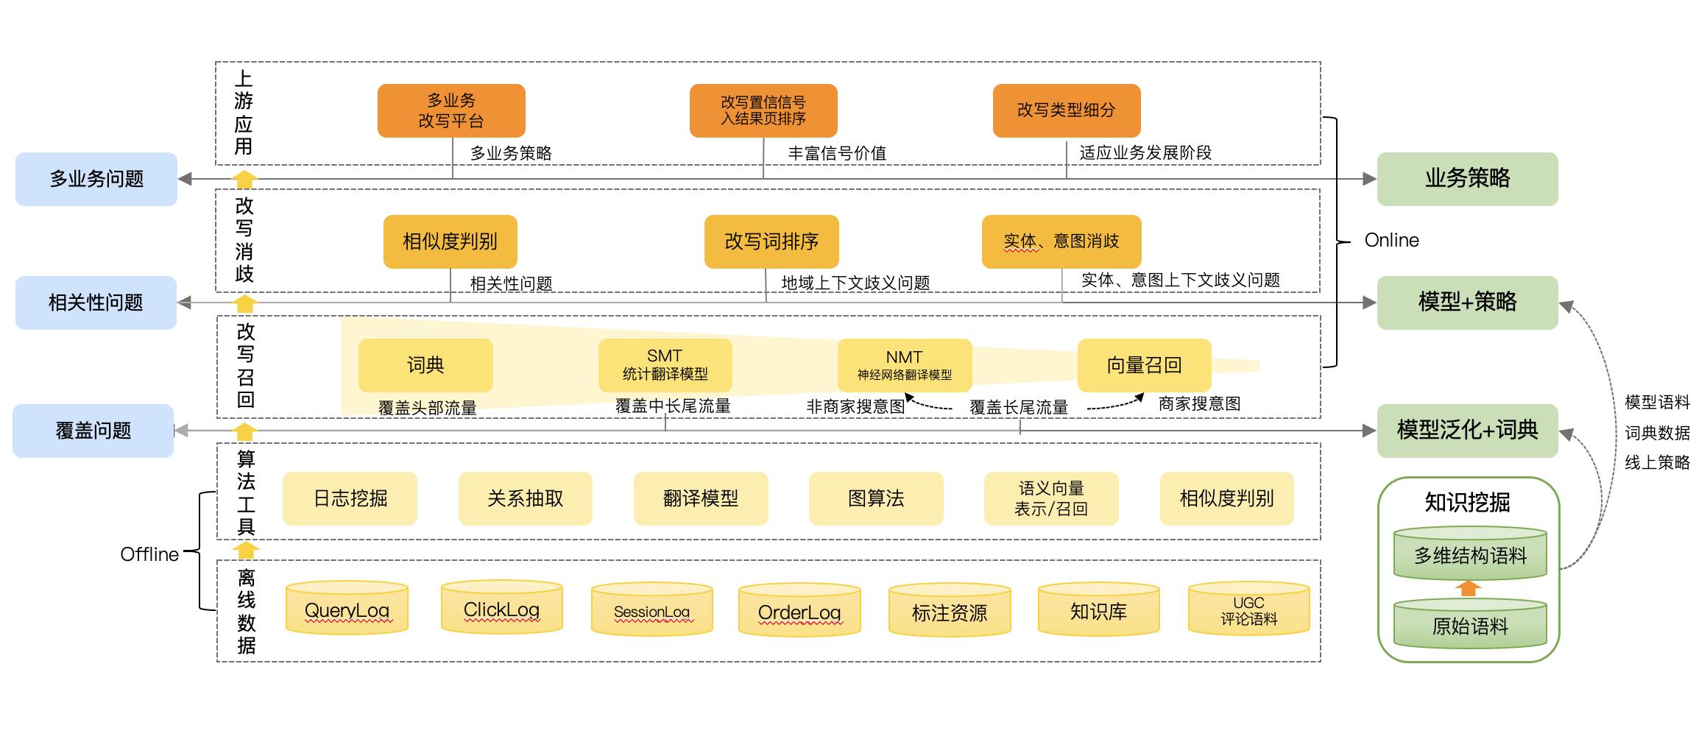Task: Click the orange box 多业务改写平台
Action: point(451,110)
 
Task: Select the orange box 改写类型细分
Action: point(1066,110)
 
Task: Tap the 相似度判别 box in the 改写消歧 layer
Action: point(450,241)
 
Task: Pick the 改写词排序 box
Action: point(771,241)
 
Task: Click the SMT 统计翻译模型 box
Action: point(665,365)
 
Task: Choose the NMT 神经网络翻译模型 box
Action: point(904,365)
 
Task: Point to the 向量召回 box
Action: point(1144,365)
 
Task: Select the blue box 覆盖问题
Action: point(93,431)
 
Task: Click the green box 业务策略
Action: point(1467,179)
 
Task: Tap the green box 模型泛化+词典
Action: point(1467,430)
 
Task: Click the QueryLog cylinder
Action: point(347,609)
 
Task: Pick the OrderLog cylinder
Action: point(799,612)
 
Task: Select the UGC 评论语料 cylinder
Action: point(1248,611)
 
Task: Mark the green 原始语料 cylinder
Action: point(1470,626)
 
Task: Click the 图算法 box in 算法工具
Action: point(875,498)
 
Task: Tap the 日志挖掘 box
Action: point(350,498)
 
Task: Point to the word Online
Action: point(1391,241)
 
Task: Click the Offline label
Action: point(149,554)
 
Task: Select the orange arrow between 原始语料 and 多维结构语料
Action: point(1469,588)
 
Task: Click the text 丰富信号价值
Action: point(837,153)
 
